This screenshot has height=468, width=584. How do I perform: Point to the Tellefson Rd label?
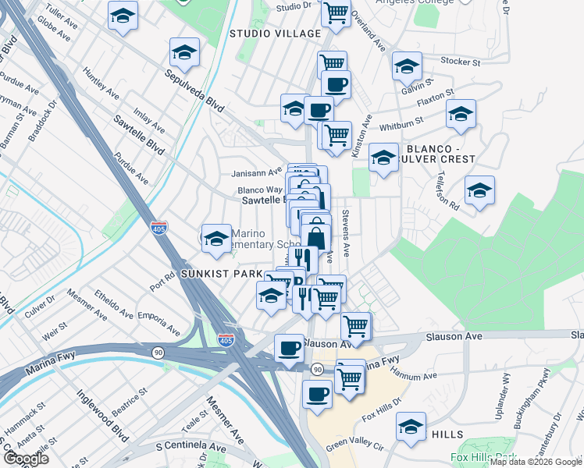(x=448, y=190)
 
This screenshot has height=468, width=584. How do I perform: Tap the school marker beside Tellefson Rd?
(x=479, y=190)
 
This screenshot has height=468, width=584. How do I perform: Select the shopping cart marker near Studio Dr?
(x=336, y=12)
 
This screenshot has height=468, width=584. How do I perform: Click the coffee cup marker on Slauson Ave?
(x=289, y=348)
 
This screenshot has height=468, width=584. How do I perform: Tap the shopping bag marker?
(x=316, y=238)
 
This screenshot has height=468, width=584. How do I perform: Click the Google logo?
(x=26, y=459)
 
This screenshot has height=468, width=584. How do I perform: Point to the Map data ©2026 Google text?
(x=536, y=462)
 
